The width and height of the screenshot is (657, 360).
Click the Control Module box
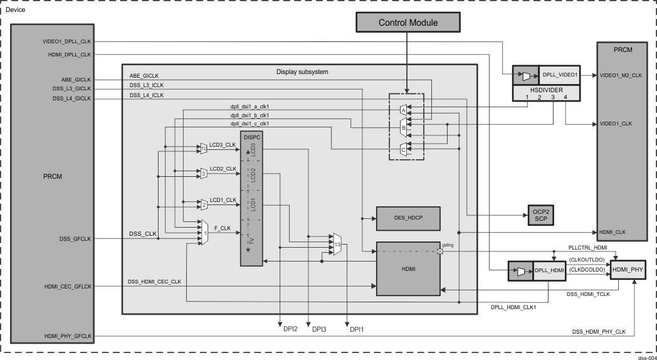[x=407, y=23]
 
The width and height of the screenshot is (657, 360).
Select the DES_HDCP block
[x=408, y=218]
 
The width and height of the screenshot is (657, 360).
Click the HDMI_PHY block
[x=627, y=269]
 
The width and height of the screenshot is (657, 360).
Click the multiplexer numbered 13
[x=337, y=245]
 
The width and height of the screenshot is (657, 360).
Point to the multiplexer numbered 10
[x=203, y=148]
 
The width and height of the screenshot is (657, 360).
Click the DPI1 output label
[x=355, y=329]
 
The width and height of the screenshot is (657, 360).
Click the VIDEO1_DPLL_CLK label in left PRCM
[x=67, y=42]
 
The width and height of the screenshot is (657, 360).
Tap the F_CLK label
[x=223, y=228]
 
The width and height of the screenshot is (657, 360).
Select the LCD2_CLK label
[x=223, y=169]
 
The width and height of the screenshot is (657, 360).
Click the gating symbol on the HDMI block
[x=439, y=251]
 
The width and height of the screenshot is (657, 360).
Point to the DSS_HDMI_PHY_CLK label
[x=599, y=331]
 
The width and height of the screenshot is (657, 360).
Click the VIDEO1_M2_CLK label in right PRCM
[x=621, y=75]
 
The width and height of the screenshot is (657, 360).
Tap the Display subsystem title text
[x=302, y=72]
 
